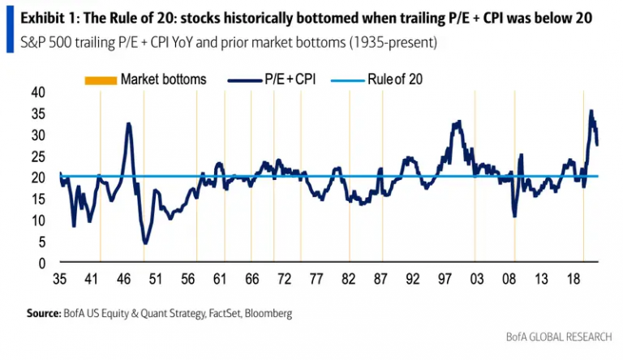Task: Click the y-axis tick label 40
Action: (x=38, y=92)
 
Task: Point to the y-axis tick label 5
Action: (x=41, y=242)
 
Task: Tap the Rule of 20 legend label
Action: (x=395, y=79)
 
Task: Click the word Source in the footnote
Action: (x=44, y=313)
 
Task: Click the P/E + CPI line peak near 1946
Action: (x=129, y=124)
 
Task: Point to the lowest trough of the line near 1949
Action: (x=145, y=242)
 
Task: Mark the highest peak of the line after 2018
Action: (x=591, y=111)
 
